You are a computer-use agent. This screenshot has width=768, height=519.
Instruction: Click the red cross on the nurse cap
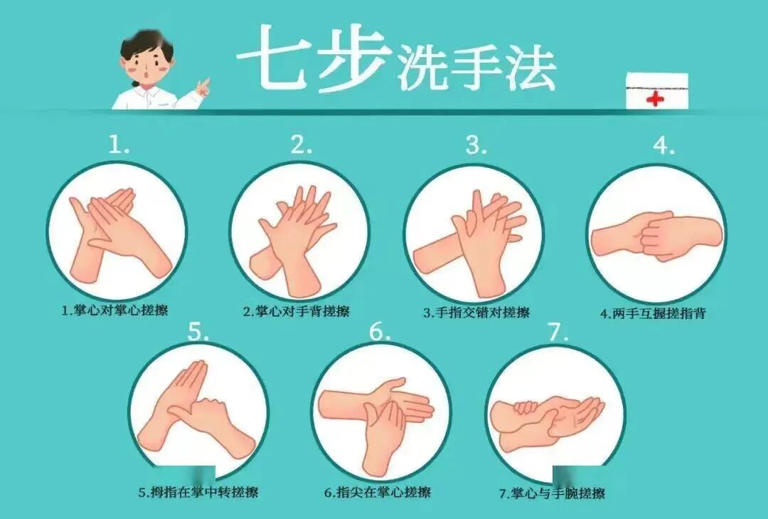655,99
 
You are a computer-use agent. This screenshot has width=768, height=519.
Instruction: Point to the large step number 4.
663,145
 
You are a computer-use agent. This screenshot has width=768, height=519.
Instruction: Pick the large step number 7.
557,332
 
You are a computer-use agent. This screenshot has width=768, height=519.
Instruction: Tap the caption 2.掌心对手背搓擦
297,311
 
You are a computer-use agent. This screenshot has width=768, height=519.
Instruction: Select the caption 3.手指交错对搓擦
476,312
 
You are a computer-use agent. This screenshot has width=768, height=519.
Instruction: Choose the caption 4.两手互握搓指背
653,313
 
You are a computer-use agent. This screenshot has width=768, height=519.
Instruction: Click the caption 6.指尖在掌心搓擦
378,492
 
